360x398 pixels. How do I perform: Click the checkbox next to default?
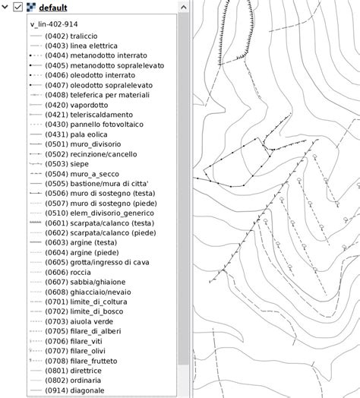[x=19, y=8]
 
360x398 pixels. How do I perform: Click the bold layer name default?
[x=52, y=8]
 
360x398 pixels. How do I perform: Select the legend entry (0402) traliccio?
[x=71, y=36]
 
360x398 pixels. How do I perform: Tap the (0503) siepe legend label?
[x=67, y=164]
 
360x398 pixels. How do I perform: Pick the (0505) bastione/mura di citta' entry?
[x=101, y=183]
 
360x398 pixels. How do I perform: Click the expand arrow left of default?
[x=6, y=8]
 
